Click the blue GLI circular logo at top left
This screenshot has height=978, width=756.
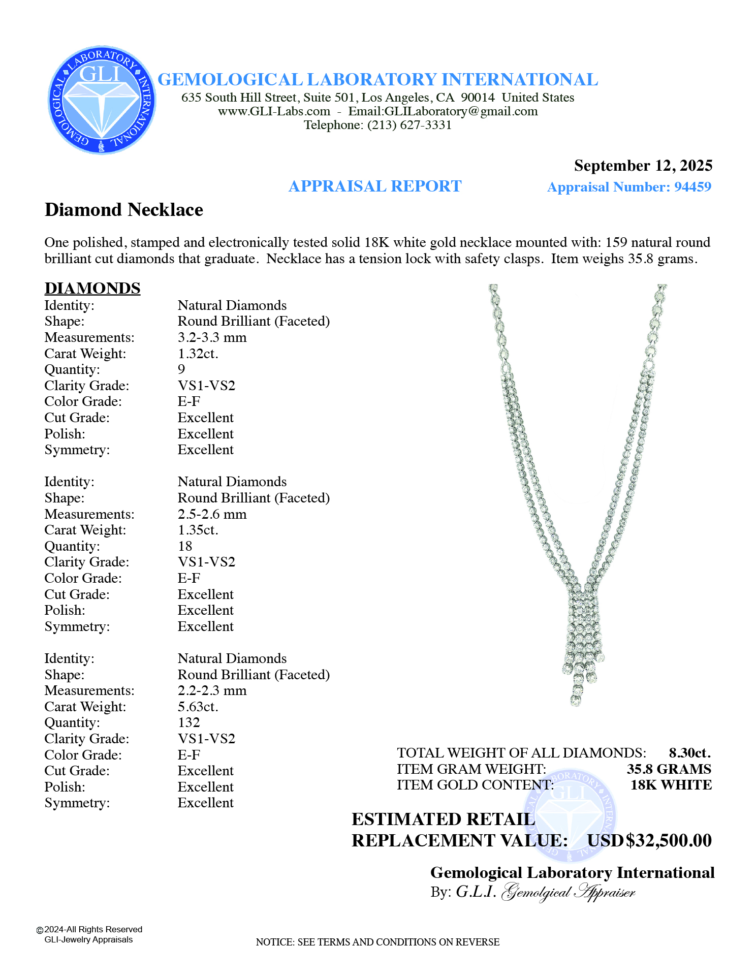[102, 100]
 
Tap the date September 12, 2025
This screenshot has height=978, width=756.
[643, 166]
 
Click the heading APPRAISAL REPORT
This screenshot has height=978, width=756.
[375, 186]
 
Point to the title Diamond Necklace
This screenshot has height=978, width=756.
[124, 210]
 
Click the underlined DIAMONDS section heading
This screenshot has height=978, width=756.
[92, 288]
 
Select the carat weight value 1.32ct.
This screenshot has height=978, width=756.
[198, 354]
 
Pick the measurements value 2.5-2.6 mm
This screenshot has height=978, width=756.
[212, 514]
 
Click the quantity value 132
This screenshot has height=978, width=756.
[188, 722]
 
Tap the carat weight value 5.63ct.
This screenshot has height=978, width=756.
[198, 707]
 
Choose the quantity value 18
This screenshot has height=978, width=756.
[185, 546]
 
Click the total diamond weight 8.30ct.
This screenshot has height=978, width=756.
[689, 753]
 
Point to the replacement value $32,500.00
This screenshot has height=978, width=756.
[669, 841]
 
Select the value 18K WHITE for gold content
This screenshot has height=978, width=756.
[671, 785]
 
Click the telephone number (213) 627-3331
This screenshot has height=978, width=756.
[409, 125]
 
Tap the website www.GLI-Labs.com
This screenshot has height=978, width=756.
[274, 111]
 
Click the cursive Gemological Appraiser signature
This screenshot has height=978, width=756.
[568, 893]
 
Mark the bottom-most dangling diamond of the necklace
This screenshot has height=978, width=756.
[575, 702]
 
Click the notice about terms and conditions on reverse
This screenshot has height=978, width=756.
[377, 942]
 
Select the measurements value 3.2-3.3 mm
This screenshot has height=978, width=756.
[212, 337]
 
